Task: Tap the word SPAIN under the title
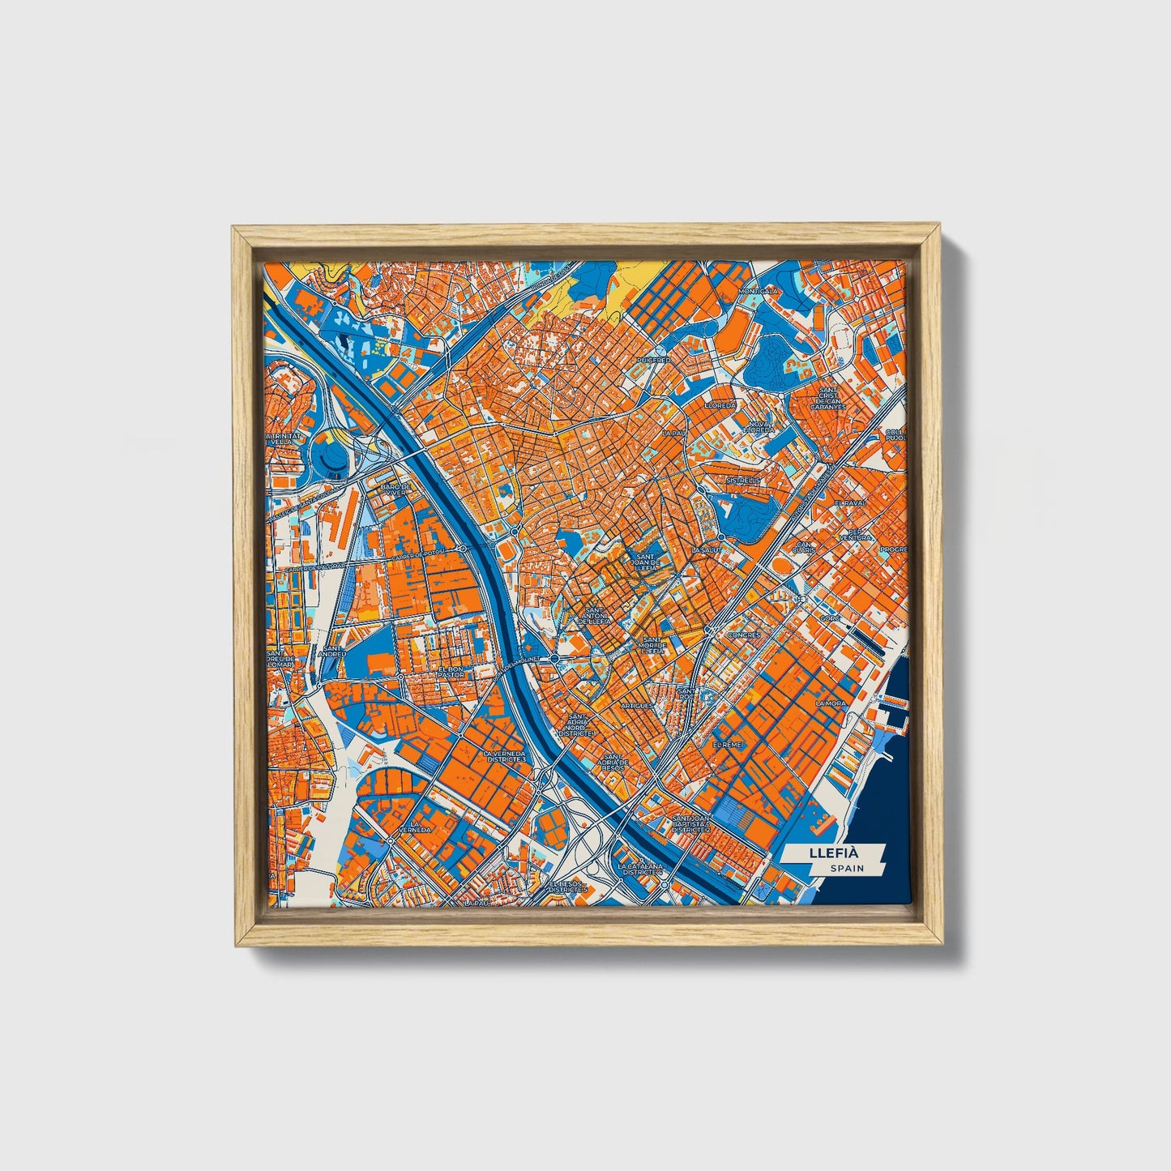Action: coord(847,869)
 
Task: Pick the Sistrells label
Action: coord(744,480)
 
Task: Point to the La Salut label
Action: coord(706,549)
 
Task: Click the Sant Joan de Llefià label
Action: coord(647,562)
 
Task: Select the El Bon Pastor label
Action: coord(451,671)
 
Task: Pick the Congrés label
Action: coord(744,635)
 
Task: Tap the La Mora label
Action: coord(831,703)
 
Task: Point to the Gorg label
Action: coord(829,618)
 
